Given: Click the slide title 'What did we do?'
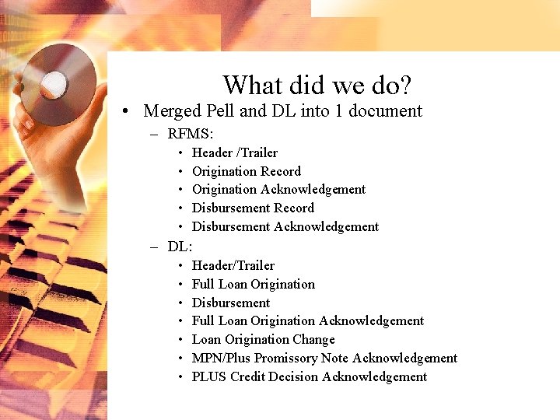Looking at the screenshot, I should coord(317,84).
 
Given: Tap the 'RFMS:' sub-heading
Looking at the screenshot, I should coord(191,134).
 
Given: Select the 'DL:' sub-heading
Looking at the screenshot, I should coord(180,247).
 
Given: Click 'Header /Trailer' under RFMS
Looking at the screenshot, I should coord(234,152).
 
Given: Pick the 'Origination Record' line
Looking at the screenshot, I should coord(246,171).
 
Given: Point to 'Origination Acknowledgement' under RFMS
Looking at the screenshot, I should coord(278,189).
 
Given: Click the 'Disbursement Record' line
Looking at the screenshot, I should coord(253,208).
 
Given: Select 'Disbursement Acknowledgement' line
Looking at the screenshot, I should coord(285,226).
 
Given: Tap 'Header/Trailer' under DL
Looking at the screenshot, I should coord(233,265).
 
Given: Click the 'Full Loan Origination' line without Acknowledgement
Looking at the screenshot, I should coord(253,284).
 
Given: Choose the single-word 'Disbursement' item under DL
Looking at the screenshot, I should coord(230,303).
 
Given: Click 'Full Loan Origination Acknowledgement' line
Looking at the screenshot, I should coord(307,320).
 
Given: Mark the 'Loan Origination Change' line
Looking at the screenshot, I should coord(263,339).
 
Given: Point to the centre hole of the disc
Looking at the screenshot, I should coord(54,83).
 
